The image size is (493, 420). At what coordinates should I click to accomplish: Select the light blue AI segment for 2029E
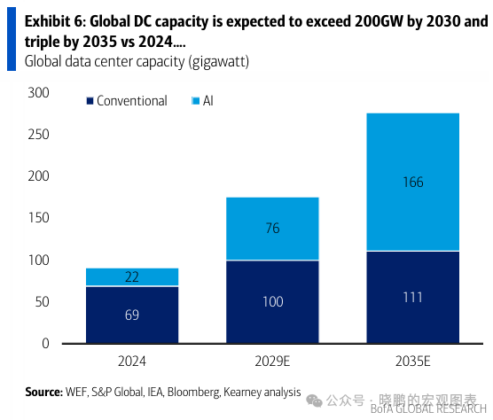tap(273, 229)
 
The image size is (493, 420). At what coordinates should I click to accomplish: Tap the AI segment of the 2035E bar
tap(412, 182)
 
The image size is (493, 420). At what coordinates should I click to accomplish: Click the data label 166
tap(412, 183)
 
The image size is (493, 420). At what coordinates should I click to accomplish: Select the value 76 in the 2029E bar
tap(273, 229)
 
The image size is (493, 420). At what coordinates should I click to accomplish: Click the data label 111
tap(412, 297)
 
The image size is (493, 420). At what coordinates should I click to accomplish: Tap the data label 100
tap(273, 302)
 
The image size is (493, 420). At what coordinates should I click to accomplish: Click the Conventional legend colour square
tap(90, 102)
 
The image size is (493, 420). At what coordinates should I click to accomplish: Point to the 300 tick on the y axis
tap(39, 93)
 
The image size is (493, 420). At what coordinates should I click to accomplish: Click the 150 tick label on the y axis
tap(39, 218)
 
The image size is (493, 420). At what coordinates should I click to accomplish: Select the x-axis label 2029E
tap(273, 362)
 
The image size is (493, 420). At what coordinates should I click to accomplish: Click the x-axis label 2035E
tap(412, 362)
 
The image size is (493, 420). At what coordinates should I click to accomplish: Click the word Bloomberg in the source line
tap(192, 392)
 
